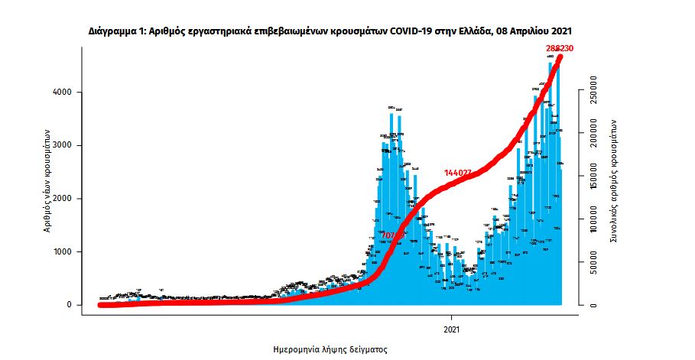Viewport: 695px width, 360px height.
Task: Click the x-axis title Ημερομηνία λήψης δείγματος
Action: (330, 349)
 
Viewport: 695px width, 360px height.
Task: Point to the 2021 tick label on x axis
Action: (451, 329)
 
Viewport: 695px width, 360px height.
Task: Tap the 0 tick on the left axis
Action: (70, 305)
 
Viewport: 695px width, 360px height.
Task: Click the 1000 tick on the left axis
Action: (63, 251)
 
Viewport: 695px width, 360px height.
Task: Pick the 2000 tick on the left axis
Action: (63, 199)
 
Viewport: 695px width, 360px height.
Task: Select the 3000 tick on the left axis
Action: (63, 145)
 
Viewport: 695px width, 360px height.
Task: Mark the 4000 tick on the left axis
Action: (63, 92)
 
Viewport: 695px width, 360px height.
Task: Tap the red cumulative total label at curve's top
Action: (559, 48)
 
